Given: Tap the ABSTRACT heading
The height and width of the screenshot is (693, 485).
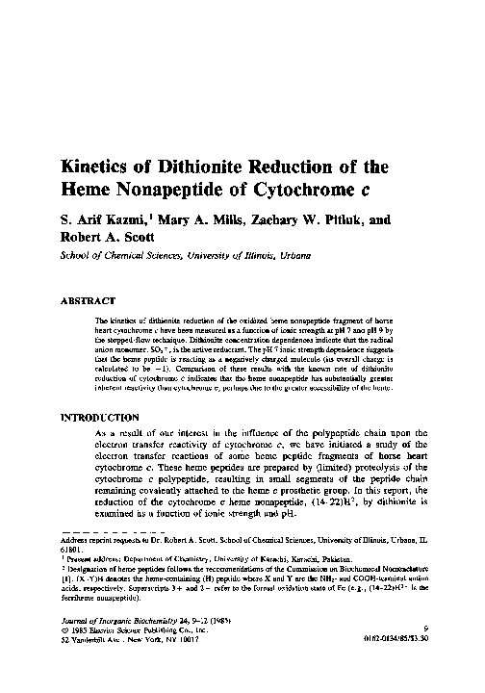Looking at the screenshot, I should [89, 300].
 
